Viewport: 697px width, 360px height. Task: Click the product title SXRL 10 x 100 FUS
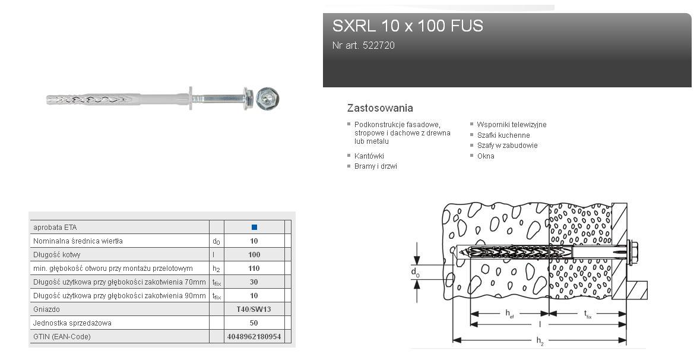[x=408, y=26]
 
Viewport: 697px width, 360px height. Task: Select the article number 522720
[x=379, y=45]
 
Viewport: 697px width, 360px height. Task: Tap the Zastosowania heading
[x=380, y=108]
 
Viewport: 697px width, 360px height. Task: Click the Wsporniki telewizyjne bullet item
[x=512, y=125]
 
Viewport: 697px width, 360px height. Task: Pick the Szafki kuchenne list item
[x=503, y=135]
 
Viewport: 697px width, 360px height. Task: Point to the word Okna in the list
[x=486, y=156]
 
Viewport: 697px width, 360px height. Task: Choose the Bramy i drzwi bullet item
[x=376, y=166]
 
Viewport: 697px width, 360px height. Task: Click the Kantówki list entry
[x=369, y=156]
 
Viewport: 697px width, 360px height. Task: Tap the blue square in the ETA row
[x=254, y=228]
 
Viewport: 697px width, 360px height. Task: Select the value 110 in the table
[x=254, y=269]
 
